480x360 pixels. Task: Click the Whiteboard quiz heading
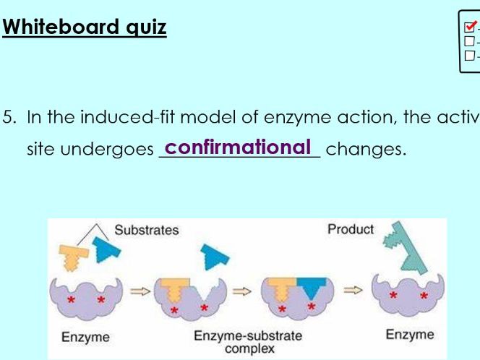85,27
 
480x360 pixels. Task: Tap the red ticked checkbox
470,28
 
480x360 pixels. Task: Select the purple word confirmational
239,147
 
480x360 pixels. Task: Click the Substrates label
147,230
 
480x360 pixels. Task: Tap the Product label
351,229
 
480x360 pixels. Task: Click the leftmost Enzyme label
85,337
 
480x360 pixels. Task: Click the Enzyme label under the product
409,334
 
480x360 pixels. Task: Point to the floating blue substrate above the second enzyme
215,257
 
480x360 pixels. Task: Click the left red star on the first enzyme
72,299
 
